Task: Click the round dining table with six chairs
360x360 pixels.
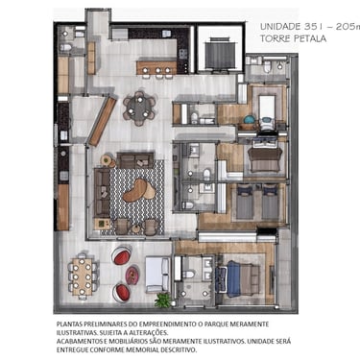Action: coord(139,108)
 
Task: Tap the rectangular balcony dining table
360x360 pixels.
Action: coord(82,276)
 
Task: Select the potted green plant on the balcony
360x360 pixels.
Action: coord(163,300)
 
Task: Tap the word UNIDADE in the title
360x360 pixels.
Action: coord(280,26)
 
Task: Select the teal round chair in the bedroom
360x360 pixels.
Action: coord(250,120)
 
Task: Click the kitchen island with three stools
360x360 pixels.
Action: coord(156,68)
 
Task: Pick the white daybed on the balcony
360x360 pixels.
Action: coord(157,275)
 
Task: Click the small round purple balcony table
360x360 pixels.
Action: coord(132,276)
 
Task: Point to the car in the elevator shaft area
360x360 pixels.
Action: coord(221,53)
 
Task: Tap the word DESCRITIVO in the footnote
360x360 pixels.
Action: coord(179,349)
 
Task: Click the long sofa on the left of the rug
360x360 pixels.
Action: coord(102,192)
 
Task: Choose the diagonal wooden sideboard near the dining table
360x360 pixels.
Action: coord(102,122)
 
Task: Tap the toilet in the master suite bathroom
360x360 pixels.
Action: coord(189,275)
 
